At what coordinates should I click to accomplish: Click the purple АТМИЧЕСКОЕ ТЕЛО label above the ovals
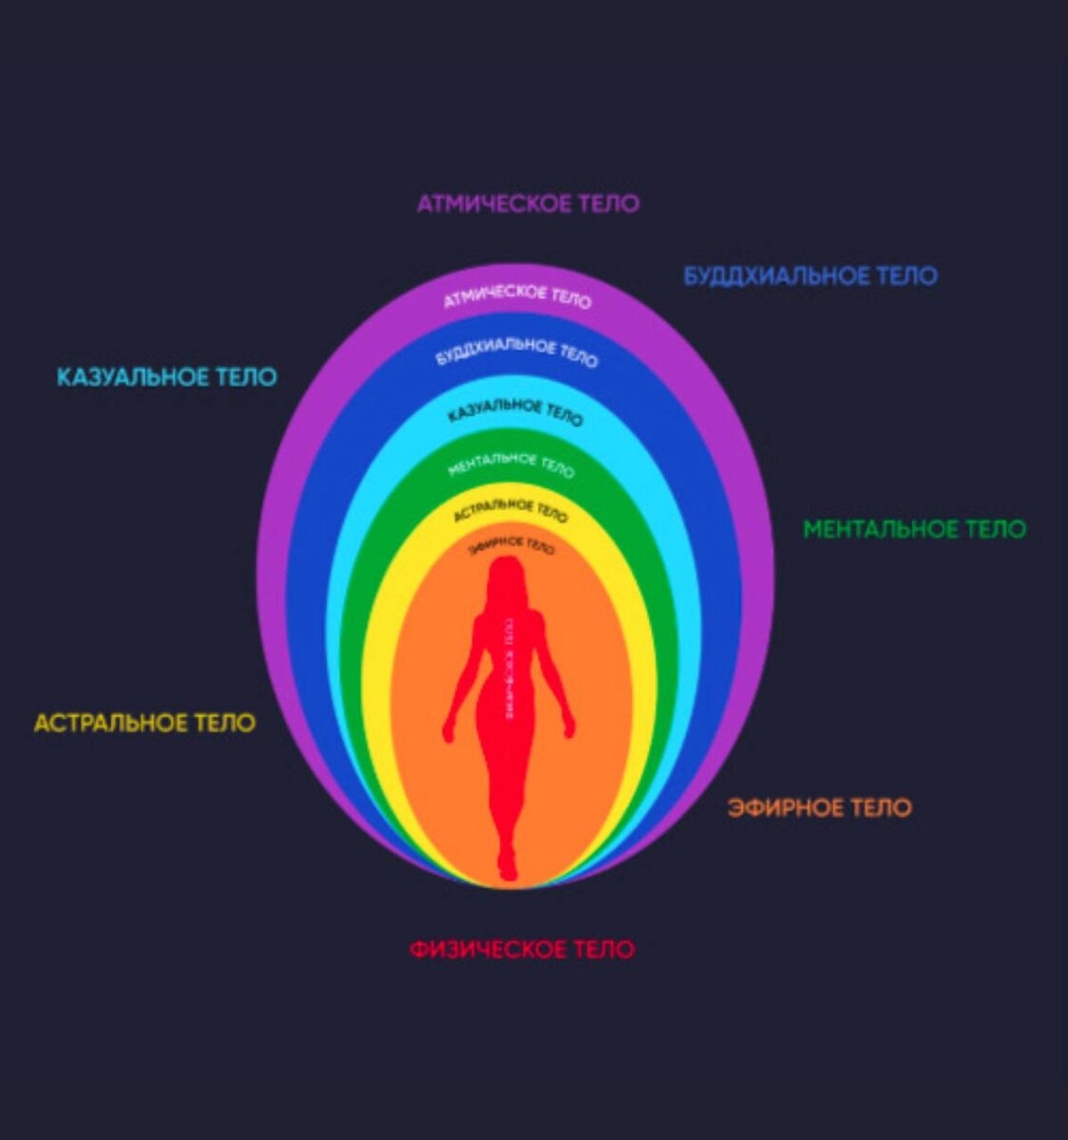tap(527, 203)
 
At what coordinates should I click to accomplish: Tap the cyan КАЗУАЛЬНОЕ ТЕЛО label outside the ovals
tap(166, 377)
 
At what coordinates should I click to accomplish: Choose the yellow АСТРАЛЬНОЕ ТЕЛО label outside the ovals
tap(144, 723)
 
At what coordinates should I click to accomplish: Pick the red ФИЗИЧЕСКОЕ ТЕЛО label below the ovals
tap(522, 949)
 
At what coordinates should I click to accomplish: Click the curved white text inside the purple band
tap(518, 295)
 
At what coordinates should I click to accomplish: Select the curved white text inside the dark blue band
tap(518, 351)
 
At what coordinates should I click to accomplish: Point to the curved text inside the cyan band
tap(515, 410)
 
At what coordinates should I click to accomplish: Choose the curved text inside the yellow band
tap(511, 510)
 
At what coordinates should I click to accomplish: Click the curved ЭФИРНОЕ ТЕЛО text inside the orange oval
tap(512, 546)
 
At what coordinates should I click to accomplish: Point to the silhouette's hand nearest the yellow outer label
tap(448, 731)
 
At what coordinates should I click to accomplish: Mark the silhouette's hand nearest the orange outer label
tap(569, 729)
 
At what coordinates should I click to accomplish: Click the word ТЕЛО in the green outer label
tap(995, 529)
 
